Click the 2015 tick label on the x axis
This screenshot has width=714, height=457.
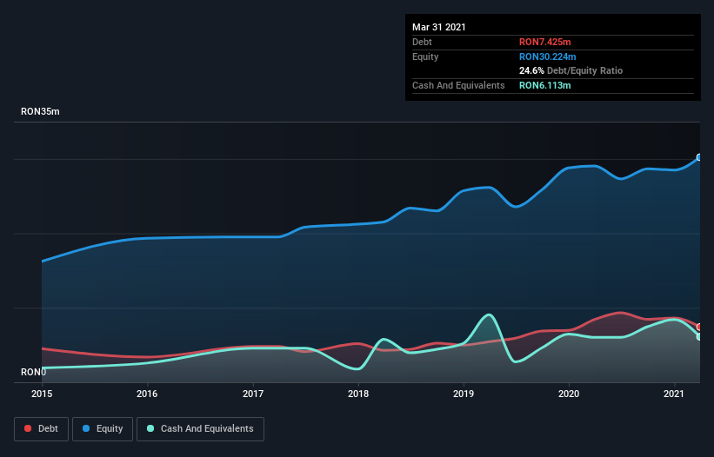(42, 394)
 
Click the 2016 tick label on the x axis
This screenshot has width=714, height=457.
(147, 394)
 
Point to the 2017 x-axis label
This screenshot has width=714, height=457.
(252, 394)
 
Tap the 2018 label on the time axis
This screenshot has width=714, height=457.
(357, 394)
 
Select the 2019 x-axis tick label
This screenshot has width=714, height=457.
(464, 394)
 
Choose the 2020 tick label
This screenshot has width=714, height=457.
(569, 394)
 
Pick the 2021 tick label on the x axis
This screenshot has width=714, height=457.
(674, 394)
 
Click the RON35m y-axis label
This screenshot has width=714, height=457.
(40, 112)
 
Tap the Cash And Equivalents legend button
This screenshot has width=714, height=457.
(200, 428)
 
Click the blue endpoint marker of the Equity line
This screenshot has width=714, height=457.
(699, 157)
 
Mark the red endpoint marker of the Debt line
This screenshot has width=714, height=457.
(699, 327)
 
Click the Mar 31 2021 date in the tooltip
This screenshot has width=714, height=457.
(439, 27)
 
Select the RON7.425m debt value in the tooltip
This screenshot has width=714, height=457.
(544, 42)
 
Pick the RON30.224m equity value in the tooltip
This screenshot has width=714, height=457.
(547, 56)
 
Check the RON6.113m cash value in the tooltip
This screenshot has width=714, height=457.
(544, 85)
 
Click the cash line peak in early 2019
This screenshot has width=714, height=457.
(490, 315)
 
